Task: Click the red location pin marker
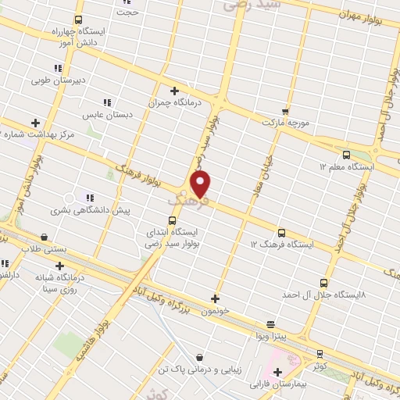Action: [x=201, y=184]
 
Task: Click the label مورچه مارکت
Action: [x=286, y=123]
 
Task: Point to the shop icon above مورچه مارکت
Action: [x=285, y=111]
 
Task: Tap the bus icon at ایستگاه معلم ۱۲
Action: [x=346, y=155]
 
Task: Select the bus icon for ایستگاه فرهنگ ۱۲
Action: [x=281, y=233]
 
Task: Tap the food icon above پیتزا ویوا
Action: [x=270, y=324]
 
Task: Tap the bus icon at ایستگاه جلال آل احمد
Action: [x=324, y=283]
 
